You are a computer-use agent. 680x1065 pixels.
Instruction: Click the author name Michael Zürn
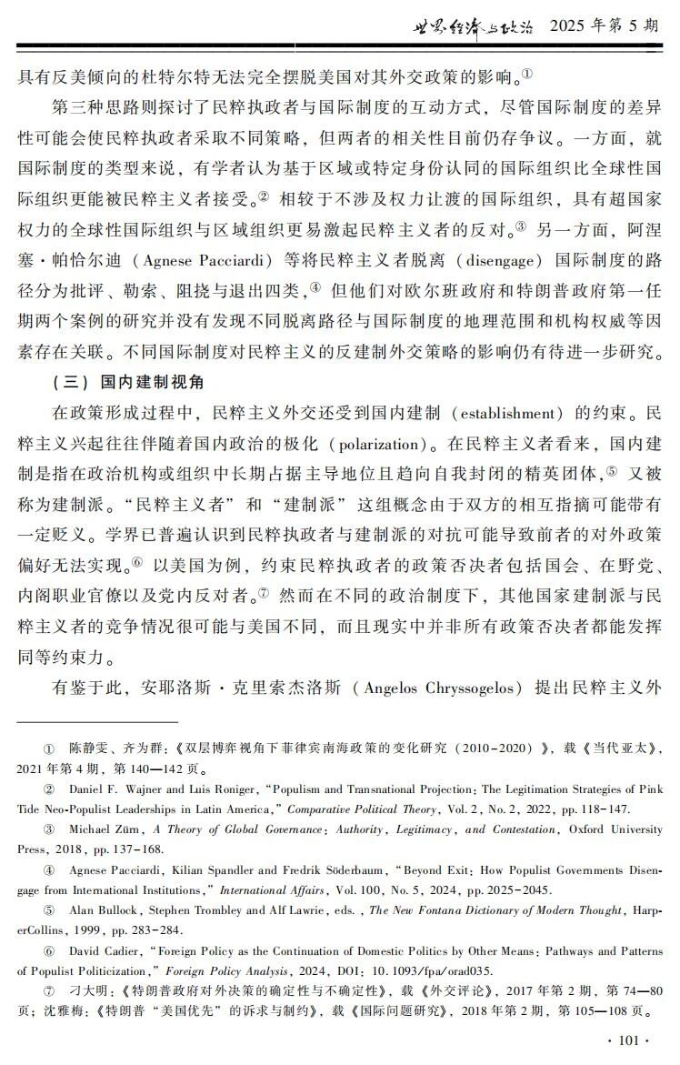coord(106,829)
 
